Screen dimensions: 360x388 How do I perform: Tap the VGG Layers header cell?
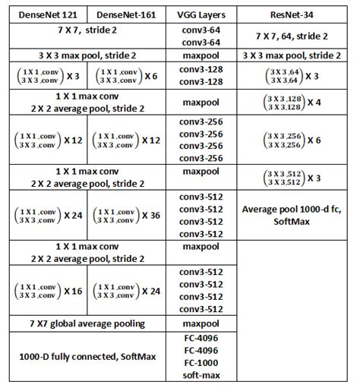pyautogui.click(x=203, y=14)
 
